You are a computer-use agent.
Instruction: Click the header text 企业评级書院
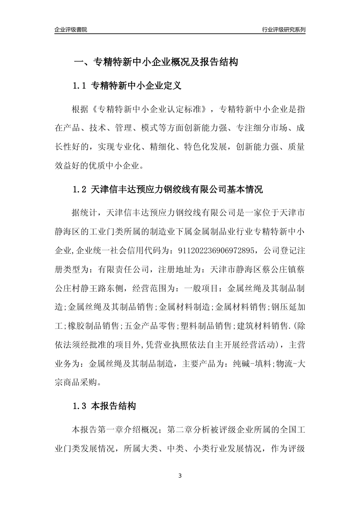pyautogui.click(x=71, y=30)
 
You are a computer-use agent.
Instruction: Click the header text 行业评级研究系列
pyautogui.click(x=283, y=30)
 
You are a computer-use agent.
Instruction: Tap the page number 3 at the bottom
pyautogui.click(x=180, y=475)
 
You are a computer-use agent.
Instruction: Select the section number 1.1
pyautogui.click(x=80, y=86)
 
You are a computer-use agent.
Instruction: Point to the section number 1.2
pyautogui.click(x=80, y=189)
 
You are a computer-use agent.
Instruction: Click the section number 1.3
pyautogui.click(x=80, y=407)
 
